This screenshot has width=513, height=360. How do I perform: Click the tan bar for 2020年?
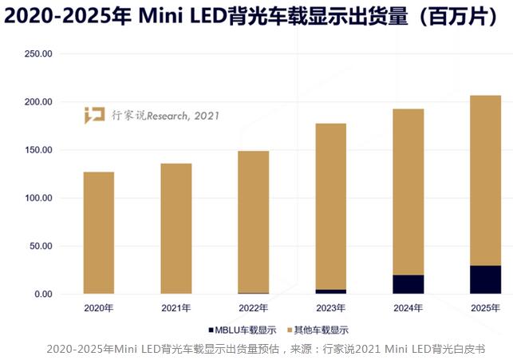click(98, 232)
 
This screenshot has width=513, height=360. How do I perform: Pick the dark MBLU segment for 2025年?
click(485, 279)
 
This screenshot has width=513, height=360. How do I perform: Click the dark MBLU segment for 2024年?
click(408, 284)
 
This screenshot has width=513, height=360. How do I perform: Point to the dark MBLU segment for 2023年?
click(330, 291)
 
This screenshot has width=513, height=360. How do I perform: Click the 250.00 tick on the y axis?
click(36, 54)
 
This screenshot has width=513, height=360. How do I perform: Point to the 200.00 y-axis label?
click(36, 102)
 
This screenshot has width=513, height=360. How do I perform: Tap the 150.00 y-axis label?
click(36, 150)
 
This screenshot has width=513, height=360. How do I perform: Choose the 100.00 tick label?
click(36, 198)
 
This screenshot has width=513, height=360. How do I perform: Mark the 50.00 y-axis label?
click(38, 246)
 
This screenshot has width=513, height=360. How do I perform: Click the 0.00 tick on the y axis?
click(41, 294)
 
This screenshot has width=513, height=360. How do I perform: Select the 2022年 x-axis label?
click(253, 307)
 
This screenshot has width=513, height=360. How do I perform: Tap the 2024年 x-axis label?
click(408, 307)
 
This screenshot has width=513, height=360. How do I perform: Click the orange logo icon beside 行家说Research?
click(94, 115)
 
